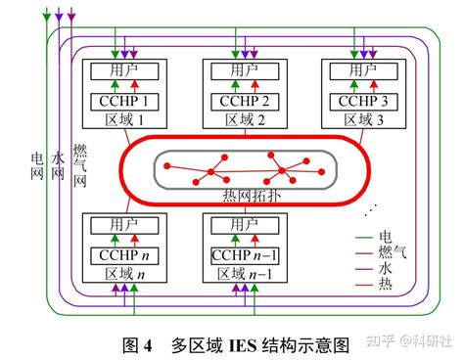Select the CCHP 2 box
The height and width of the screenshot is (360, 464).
[x=235, y=102]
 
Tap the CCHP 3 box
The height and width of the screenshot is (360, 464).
[x=351, y=102]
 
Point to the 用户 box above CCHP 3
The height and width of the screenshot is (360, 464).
[x=351, y=70]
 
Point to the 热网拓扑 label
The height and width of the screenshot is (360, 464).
[x=250, y=196]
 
